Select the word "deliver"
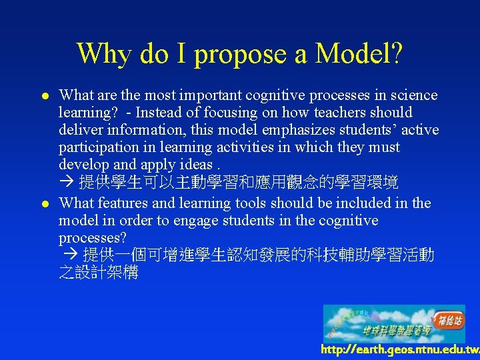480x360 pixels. (x=79, y=129)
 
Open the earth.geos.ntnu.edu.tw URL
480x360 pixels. (x=399, y=349)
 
